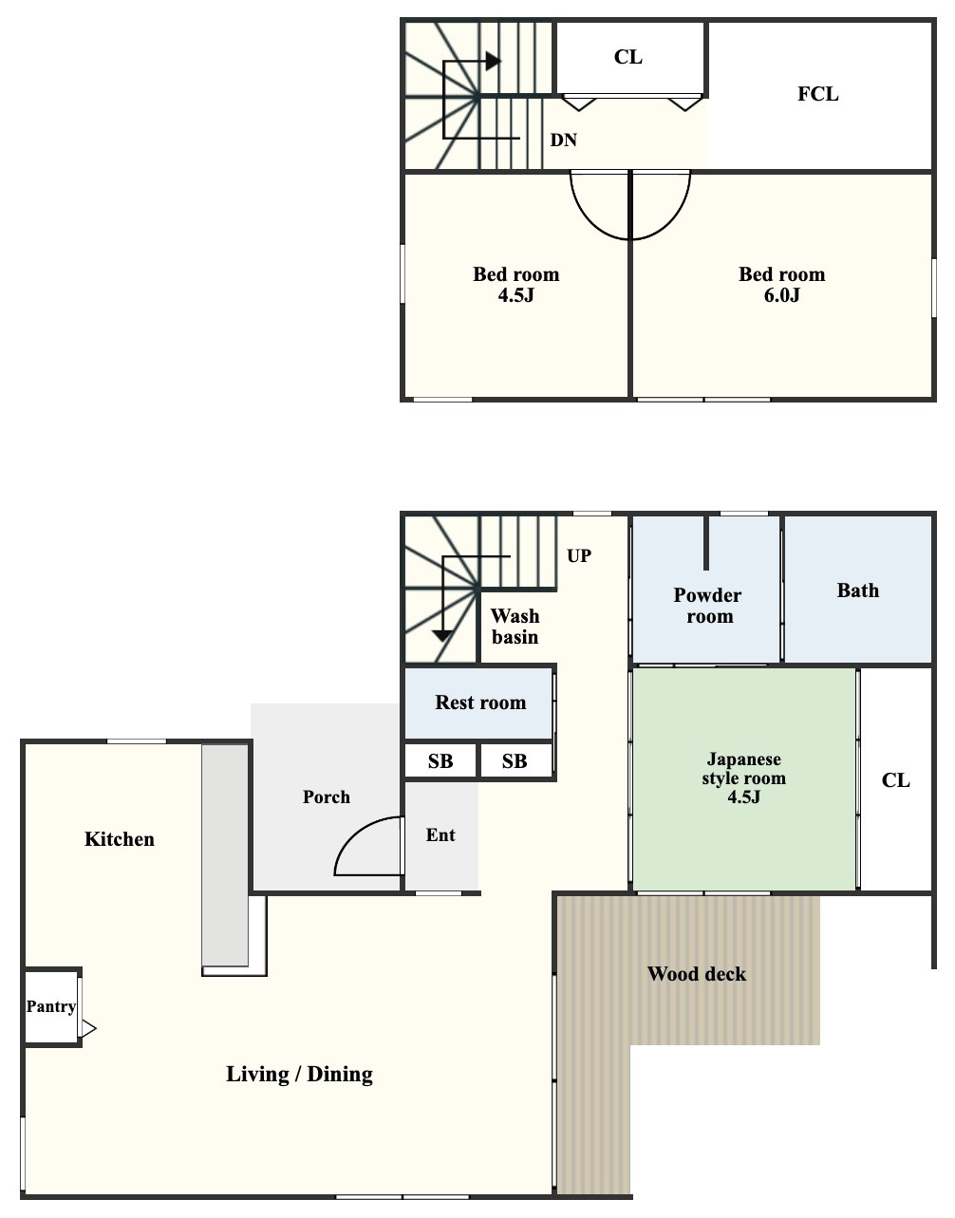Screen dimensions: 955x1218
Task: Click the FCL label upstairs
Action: click(817, 94)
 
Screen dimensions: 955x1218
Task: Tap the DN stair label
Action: click(563, 141)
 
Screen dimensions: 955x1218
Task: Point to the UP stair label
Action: click(579, 556)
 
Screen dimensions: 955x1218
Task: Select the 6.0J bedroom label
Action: click(782, 285)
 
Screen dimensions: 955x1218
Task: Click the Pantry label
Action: click(51, 1006)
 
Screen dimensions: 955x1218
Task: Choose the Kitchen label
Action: click(120, 839)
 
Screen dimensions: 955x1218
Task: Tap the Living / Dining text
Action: click(299, 1074)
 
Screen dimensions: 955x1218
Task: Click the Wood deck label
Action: click(697, 974)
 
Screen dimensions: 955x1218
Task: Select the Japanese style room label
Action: click(743, 778)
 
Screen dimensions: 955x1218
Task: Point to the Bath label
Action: click(858, 590)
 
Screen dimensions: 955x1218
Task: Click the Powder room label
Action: click(708, 606)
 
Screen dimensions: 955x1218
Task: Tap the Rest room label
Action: click(481, 703)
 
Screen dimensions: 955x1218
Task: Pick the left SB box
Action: click(440, 761)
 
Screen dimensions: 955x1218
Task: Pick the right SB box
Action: click(515, 761)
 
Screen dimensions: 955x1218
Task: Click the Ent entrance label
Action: click(440, 834)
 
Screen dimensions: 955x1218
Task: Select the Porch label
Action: click(327, 796)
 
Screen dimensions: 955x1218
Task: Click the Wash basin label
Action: click(515, 627)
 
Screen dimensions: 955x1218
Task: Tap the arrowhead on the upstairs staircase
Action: click(494, 61)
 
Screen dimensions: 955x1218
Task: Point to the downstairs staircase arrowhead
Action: click(442, 636)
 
